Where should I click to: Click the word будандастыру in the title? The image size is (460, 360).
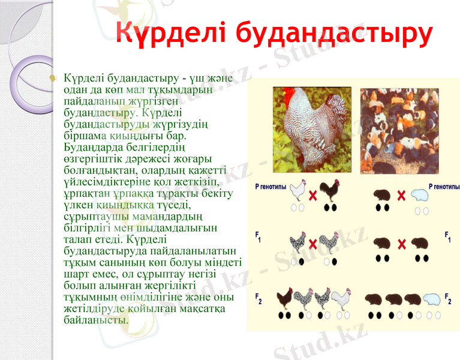click(x=333, y=34)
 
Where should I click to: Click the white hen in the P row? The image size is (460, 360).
click(x=299, y=191)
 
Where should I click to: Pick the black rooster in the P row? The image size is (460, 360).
click(x=329, y=191)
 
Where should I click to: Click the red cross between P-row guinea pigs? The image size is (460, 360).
click(x=402, y=196)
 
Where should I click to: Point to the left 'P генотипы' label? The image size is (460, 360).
click(x=271, y=187)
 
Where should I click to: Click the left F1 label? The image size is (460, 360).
click(x=258, y=236)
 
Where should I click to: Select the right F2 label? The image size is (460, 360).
click(x=448, y=297)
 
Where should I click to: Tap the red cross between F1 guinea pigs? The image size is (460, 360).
click(x=402, y=244)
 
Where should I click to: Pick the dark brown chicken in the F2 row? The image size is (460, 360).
click(x=285, y=298)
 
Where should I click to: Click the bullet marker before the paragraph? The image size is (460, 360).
click(x=53, y=79)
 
